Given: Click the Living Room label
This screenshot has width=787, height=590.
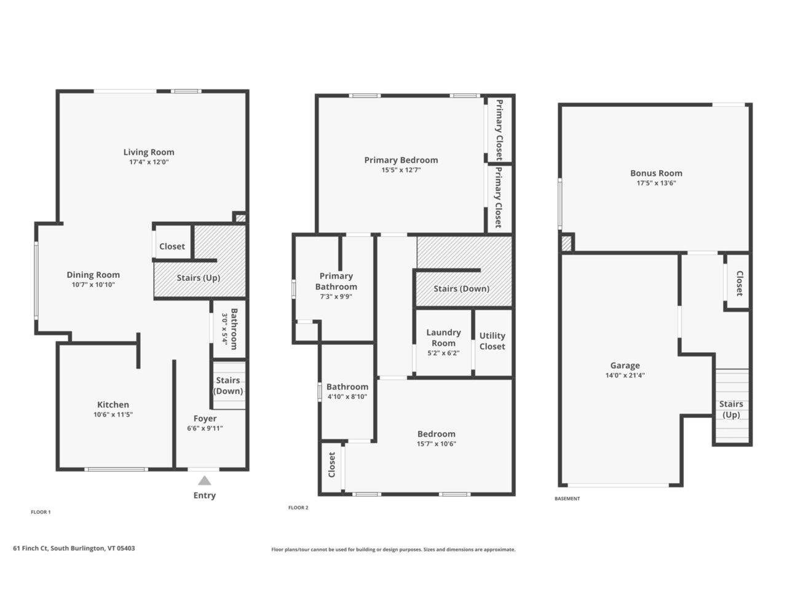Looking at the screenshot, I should coord(149,152).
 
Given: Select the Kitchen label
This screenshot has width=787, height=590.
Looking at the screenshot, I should coord(113,404).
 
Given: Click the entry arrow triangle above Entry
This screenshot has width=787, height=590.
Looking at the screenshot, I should coord(204,481).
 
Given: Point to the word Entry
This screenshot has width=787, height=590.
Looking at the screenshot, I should coord(205,495).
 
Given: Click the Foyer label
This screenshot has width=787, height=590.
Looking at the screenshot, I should coord(205,419).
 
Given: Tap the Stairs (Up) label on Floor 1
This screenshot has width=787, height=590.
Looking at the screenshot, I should coord(199,278).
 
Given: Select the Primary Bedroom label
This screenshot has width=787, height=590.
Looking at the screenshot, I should coord(401,160).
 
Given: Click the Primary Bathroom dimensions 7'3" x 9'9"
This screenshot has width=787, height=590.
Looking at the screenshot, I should coord(336,296).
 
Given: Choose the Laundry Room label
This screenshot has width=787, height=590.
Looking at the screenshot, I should coord(443,337).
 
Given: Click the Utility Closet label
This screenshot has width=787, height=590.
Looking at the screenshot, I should coord(492,341).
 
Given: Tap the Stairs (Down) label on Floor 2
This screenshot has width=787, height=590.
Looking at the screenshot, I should coord(461,289).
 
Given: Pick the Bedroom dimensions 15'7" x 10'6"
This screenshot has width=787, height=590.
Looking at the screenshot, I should coord(437,444).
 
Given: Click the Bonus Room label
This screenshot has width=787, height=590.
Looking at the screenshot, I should coord(656,173).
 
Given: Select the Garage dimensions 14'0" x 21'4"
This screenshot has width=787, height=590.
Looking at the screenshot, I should coord(625,376).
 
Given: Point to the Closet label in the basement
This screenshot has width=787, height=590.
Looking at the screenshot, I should coord(739,283).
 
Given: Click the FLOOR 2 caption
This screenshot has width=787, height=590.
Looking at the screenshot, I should coord(298,508).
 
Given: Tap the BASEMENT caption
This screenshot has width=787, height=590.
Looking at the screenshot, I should coord(567,498).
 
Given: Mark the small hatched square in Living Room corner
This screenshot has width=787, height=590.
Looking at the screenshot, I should coord(240,218).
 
